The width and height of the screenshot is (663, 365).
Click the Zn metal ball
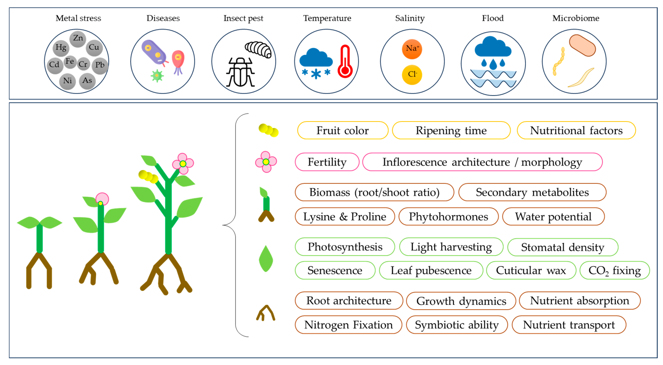(x=78, y=39)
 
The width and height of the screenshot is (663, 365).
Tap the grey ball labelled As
(x=87, y=81)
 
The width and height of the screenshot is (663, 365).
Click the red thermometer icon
(x=345, y=62)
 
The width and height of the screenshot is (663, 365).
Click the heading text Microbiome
(x=576, y=18)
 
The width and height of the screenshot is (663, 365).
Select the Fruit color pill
(x=343, y=130)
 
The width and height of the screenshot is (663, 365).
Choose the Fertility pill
(x=327, y=162)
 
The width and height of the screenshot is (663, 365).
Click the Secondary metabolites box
(x=532, y=192)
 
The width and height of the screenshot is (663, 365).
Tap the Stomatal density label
(x=563, y=247)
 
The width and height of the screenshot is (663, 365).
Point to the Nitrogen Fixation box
(x=349, y=325)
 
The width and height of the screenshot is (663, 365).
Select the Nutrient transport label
(x=569, y=325)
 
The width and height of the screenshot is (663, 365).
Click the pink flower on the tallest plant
(x=183, y=164)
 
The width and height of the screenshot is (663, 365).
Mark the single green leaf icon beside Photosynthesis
(x=266, y=259)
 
